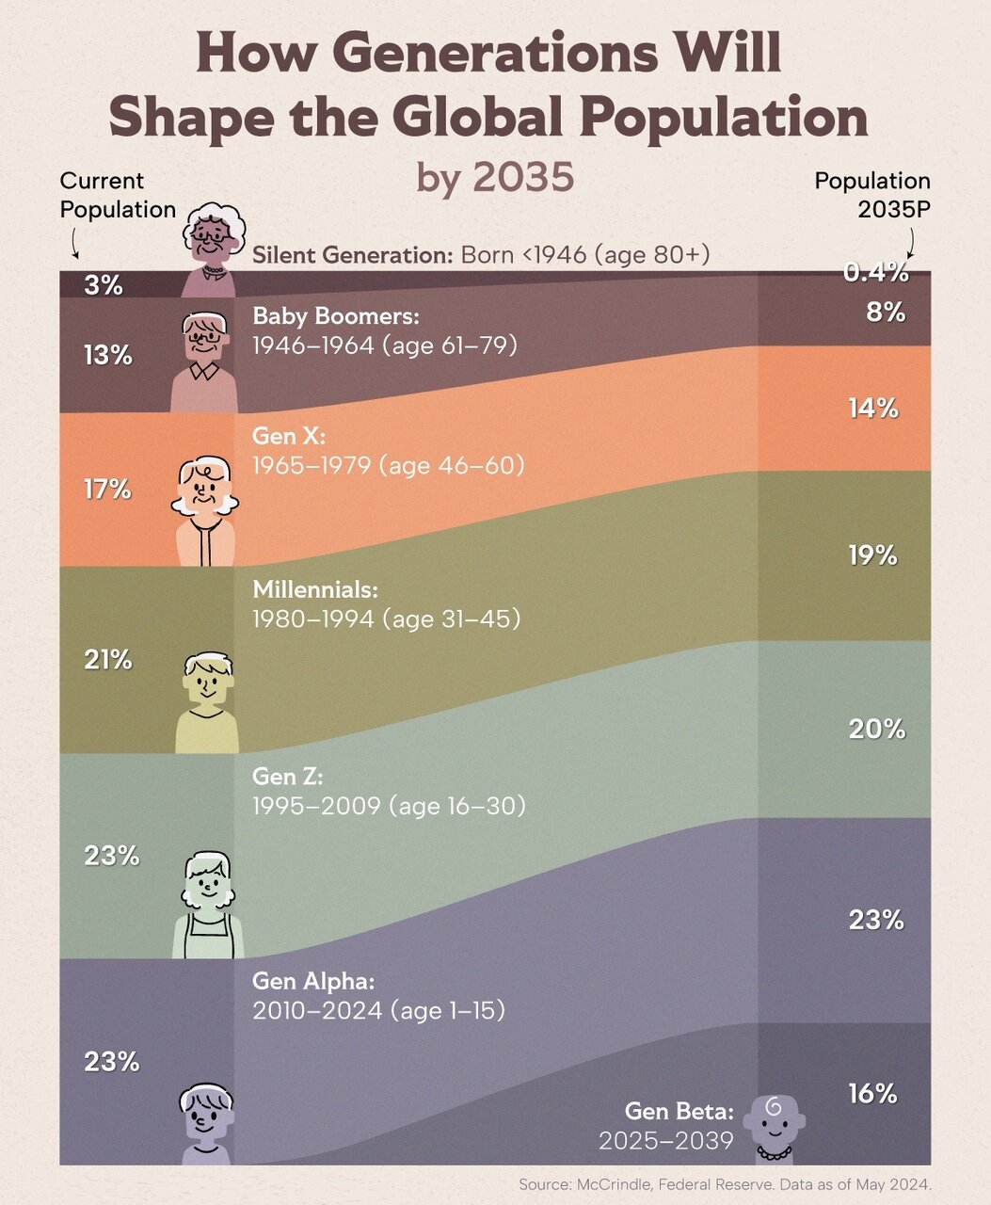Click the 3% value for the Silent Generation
pyautogui.click(x=104, y=285)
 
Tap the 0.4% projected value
pyautogui.click(x=876, y=273)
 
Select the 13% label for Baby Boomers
pyautogui.click(x=107, y=356)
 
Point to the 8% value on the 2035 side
pyautogui.click(x=886, y=313)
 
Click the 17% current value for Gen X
pyautogui.click(x=107, y=490)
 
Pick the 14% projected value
pyautogui.click(x=873, y=409)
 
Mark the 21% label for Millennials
pyautogui.click(x=107, y=660)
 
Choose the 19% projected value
pyautogui.click(x=873, y=555)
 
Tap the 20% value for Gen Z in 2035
pyautogui.click(x=877, y=729)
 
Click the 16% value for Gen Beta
pyautogui.click(x=872, y=1094)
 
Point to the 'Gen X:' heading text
pyautogui.click(x=288, y=436)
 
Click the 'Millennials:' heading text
pyautogui.click(x=315, y=589)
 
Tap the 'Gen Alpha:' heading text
pyautogui.click(x=313, y=981)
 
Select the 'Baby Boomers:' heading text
pyautogui.click(x=336, y=316)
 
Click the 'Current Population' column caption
pyautogui.click(x=118, y=195)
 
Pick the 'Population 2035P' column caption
pyautogui.click(x=872, y=195)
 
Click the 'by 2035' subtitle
pyautogui.click(x=495, y=176)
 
